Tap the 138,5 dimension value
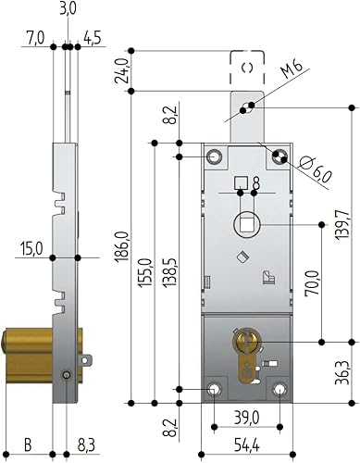168,268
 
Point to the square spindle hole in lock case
246,222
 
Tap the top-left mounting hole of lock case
215,156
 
